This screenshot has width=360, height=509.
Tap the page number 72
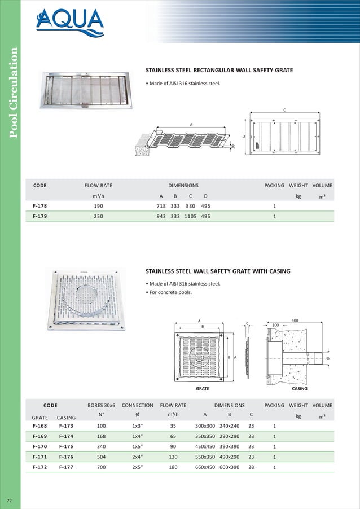(10, 501)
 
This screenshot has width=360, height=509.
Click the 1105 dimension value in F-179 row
(192, 216)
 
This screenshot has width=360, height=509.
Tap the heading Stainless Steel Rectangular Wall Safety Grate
(219, 71)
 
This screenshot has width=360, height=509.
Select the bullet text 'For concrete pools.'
(169, 292)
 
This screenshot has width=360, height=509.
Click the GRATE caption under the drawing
(202, 389)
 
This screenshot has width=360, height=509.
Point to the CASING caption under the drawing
(299, 389)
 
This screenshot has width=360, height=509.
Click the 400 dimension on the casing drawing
(295, 320)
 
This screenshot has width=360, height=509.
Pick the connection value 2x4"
(137, 457)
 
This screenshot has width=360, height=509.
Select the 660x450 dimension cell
(204, 467)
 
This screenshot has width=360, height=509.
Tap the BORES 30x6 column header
(102, 405)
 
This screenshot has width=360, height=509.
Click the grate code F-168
(39, 424)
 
